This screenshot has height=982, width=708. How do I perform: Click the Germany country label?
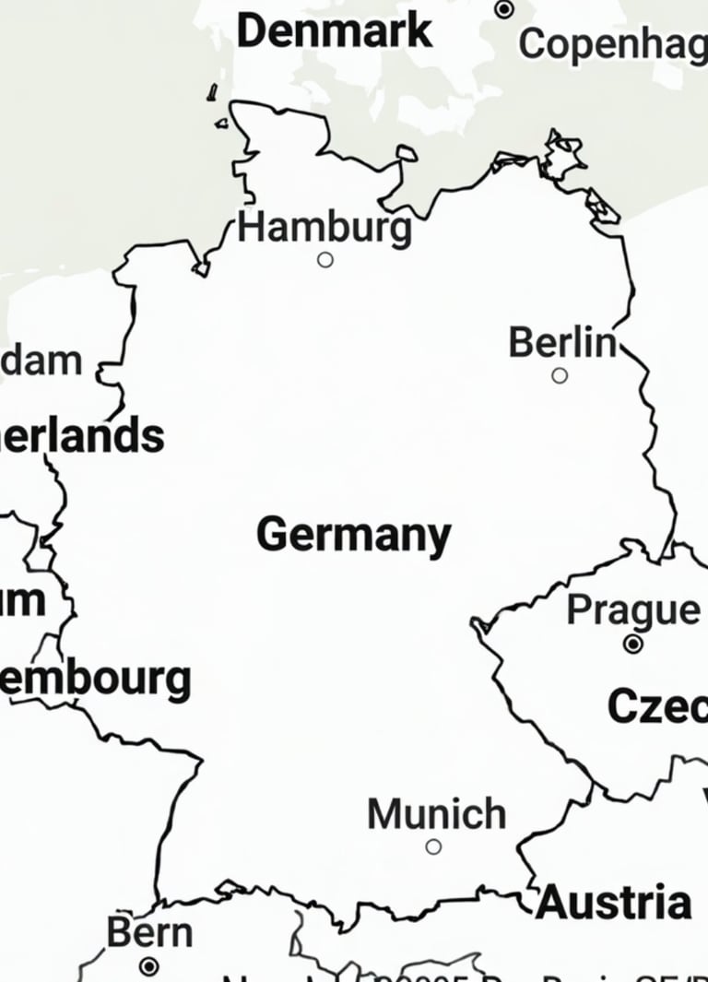[354, 535]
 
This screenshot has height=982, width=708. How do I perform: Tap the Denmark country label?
[334, 30]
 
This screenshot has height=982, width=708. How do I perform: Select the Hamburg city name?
[324, 227]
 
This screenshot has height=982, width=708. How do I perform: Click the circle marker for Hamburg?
[324, 260]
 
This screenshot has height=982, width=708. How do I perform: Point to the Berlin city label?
[562, 343]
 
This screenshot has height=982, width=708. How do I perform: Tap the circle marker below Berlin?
[560, 375]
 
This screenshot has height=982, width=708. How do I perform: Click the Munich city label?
[437, 814]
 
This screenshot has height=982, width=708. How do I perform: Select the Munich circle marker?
[433, 846]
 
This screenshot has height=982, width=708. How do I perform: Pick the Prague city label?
[633, 609]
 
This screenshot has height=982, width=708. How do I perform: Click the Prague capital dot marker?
[632, 645]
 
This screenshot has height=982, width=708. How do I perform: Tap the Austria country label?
[614, 902]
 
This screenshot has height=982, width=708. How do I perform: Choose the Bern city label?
[149, 932]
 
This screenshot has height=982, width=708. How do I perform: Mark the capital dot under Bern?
[149, 966]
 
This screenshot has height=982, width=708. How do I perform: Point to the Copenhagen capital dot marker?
[504, 9]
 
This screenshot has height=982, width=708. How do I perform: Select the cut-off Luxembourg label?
[96, 680]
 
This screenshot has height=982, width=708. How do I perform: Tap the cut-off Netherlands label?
[83, 436]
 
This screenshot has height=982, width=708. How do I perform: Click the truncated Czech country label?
[657, 707]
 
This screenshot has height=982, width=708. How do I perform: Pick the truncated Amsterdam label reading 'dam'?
[41, 361]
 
